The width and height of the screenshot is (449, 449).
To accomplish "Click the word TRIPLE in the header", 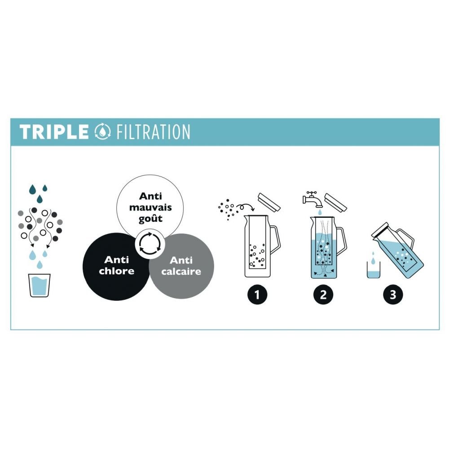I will pos(54,132).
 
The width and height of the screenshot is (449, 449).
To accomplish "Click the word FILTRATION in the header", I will pos(153,132).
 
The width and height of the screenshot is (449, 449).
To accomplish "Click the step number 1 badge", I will pos(257,295).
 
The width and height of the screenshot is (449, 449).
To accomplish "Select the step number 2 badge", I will pos(323,295).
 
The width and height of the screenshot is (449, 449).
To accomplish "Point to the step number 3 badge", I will pos(393,295).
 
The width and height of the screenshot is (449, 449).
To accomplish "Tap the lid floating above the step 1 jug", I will pos(269,201).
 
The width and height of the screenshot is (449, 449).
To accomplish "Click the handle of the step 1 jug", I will pos(275,238).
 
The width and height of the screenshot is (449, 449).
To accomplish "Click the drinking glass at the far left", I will pos(40,285).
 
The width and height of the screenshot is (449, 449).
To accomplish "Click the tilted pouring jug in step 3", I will pos(400,251).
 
